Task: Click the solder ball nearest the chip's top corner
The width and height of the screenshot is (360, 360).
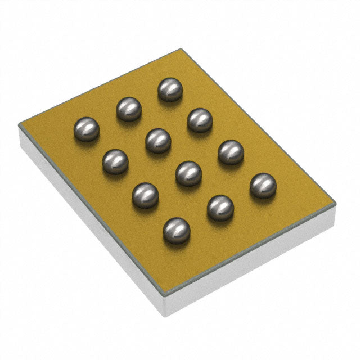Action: coord(170,89)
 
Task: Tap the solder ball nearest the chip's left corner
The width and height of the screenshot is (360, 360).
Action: coord(86,129)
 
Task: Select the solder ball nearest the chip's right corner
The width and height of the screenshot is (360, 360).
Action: coord(263,186)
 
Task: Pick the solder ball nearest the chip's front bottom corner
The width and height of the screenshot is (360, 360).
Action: coord(176,231)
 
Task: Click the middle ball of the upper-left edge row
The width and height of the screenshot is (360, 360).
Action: coord(129,109)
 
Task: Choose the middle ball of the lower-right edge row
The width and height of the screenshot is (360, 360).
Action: coord(220,208)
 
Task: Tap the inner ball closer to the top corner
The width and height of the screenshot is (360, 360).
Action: coord(158,141)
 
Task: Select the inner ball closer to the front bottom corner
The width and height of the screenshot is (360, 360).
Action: coord(188,173)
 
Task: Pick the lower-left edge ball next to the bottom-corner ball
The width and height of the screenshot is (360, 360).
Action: coord(145,195)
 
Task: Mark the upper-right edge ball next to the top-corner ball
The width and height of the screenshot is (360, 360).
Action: coord(200,120)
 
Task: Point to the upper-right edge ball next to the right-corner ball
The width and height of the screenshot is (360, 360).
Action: coord(231,152)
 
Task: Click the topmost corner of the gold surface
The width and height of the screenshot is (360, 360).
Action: coord(180,49)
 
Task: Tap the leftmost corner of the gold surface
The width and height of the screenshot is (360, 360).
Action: coord(19,125)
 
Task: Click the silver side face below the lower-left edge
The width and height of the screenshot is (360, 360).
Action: coord(90,225)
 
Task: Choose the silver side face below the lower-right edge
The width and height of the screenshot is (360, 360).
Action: coord(253,264)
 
